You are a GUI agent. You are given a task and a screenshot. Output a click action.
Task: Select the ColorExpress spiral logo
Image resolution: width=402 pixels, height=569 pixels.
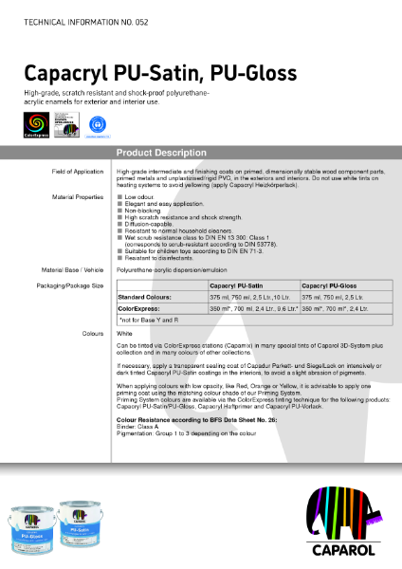pyautogui.click(x=37, y=124)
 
